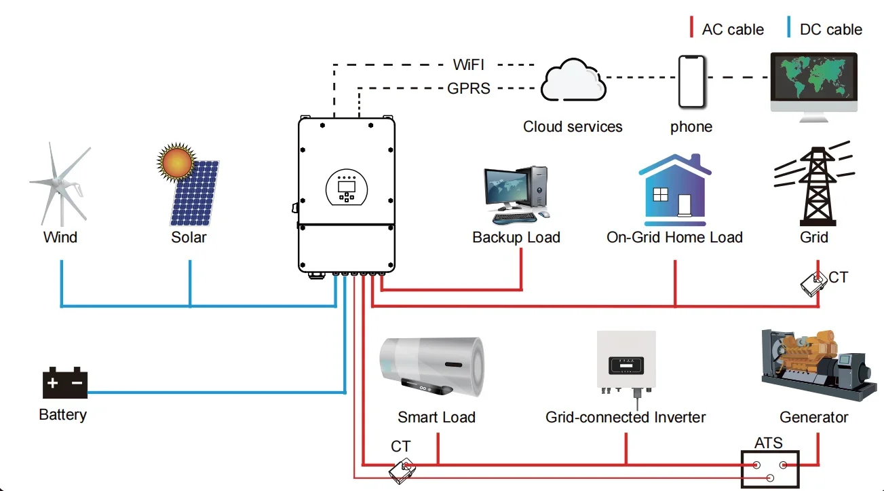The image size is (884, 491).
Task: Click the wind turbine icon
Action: [x=60, y=183]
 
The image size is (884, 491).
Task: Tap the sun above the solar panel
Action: [x=176, y=162]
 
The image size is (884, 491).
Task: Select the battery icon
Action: [x=65, y=383]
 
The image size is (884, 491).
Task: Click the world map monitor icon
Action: [x=814, y=83]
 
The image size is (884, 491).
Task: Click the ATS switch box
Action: [x=769, y=469]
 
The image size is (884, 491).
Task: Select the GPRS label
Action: [x=469, y=88]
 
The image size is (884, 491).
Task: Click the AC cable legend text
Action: [x=732, y=30]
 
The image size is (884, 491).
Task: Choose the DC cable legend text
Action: [x=830, y=30]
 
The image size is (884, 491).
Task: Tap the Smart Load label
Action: [x=436, y=417]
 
